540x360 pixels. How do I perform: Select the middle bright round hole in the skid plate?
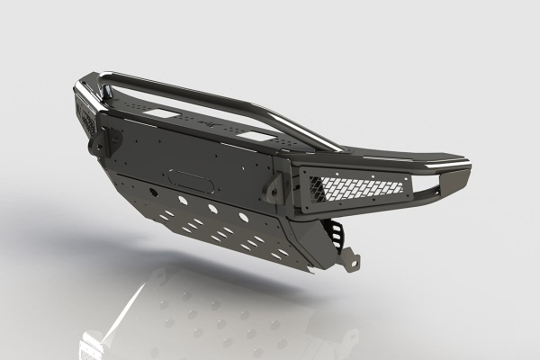click(212, 208)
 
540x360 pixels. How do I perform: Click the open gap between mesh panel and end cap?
click(420, 190)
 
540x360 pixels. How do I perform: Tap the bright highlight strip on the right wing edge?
click(441, 163)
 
